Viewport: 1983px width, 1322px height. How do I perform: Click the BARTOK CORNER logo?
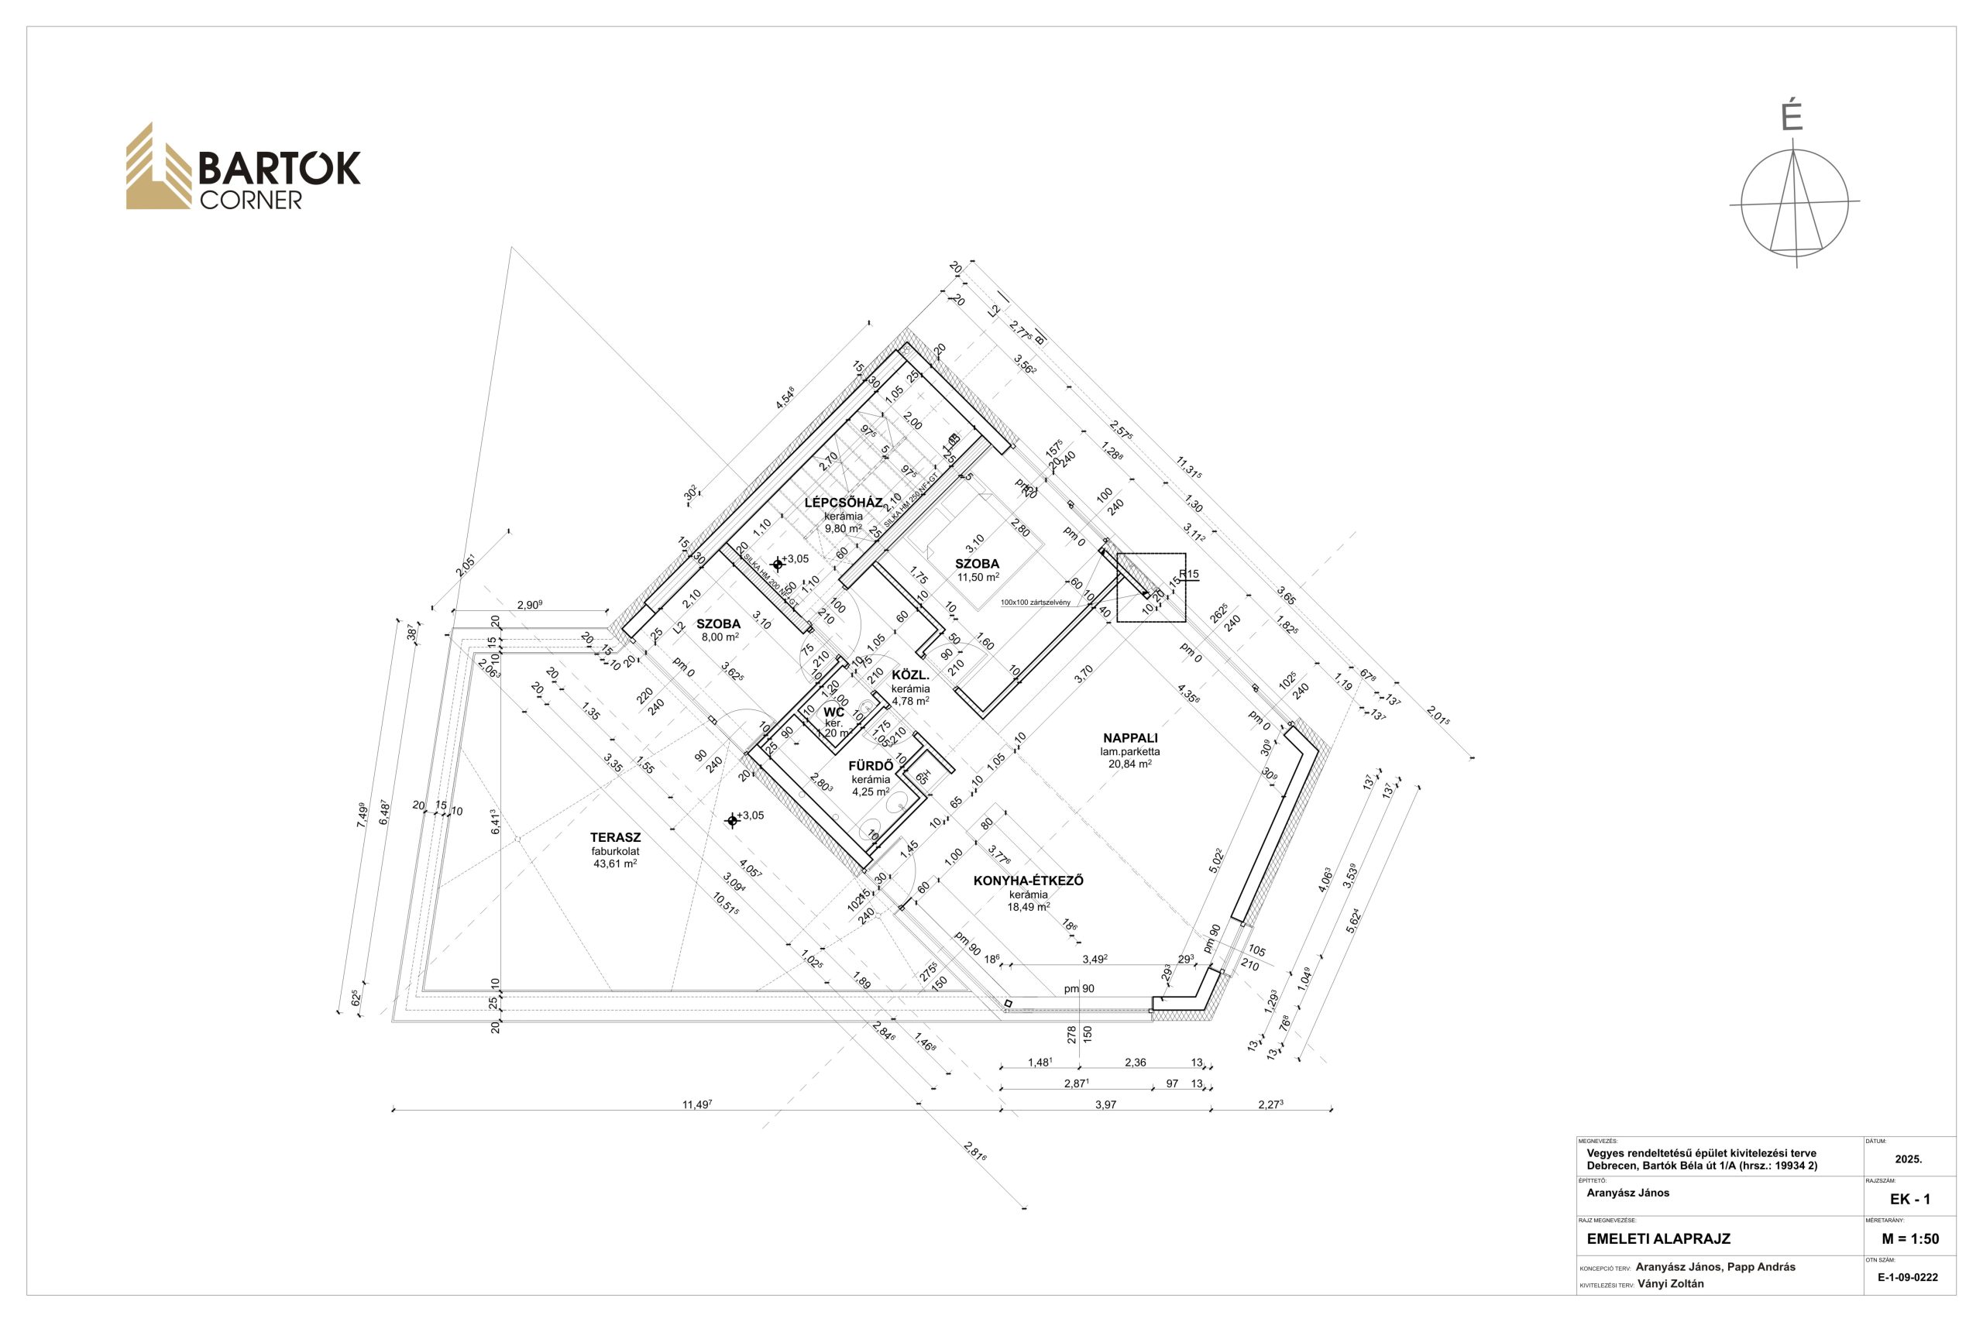coord(242,168)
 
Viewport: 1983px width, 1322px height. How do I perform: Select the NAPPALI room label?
coord(1130,738)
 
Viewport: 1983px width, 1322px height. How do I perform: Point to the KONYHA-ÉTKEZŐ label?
coord(1028,881)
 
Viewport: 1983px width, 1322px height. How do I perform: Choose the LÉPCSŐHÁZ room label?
coord(843,503)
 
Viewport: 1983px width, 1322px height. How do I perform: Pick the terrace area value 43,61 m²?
coord(614,864)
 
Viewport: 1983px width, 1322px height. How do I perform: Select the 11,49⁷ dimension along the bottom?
coord(697,1104)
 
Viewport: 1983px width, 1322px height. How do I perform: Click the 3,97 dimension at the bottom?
coord(1105,1104)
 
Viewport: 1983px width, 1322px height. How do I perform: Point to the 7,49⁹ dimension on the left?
coord(363,816)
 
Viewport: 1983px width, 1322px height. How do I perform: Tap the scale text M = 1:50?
coord(1909,1238)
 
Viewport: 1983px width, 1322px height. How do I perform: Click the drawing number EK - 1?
coord(1909,1199)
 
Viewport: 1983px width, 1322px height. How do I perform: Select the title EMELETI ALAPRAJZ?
coord(1658,1238)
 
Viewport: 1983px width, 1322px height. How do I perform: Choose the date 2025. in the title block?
coord(1908,1159)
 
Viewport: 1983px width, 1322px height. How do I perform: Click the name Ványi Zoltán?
coord(1670,1284)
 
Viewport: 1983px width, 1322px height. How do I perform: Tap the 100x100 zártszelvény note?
coord(1036,603)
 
